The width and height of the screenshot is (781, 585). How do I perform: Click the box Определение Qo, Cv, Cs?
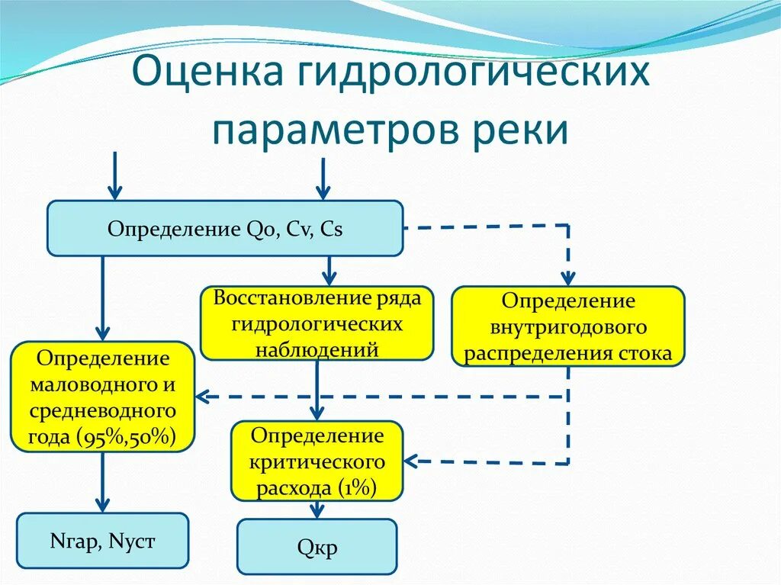point(224,228)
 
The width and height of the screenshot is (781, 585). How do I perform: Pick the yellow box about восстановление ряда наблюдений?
point(317,323)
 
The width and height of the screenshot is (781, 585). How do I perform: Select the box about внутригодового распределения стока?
point(568,326)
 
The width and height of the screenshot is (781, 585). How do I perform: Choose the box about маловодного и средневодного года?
point(103,397)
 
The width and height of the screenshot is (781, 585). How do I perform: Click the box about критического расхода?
point(317,461)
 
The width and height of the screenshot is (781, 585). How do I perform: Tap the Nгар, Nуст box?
point(102,541)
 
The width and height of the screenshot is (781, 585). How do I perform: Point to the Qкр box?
point(317,547)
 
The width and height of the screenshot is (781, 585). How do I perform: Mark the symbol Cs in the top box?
point(331,229)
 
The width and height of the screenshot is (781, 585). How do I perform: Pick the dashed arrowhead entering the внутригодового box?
point(568,278)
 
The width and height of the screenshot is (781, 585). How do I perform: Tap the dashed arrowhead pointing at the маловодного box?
point(203,397)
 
